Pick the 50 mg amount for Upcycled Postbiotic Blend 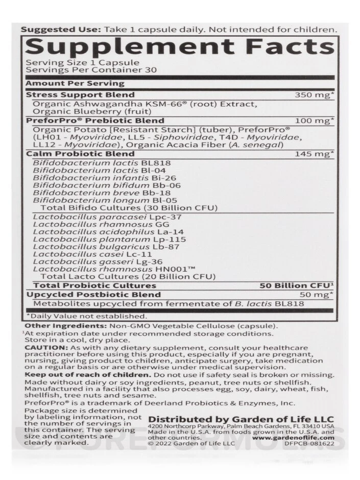(x=317, y=295)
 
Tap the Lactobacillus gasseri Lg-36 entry (x=90, y=261)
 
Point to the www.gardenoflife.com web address (x=293, y=438)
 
